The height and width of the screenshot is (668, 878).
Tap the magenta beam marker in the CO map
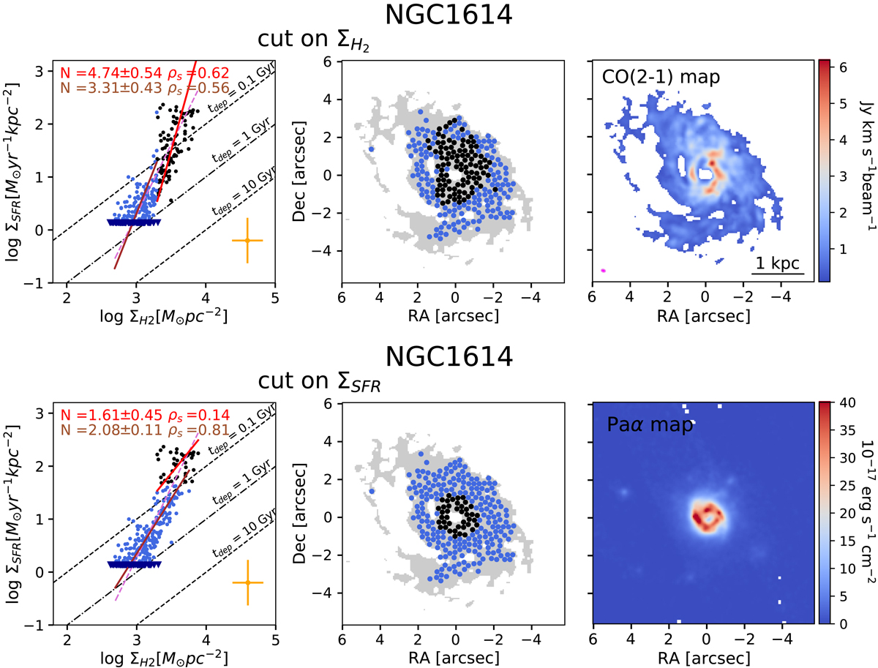[603, 271]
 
